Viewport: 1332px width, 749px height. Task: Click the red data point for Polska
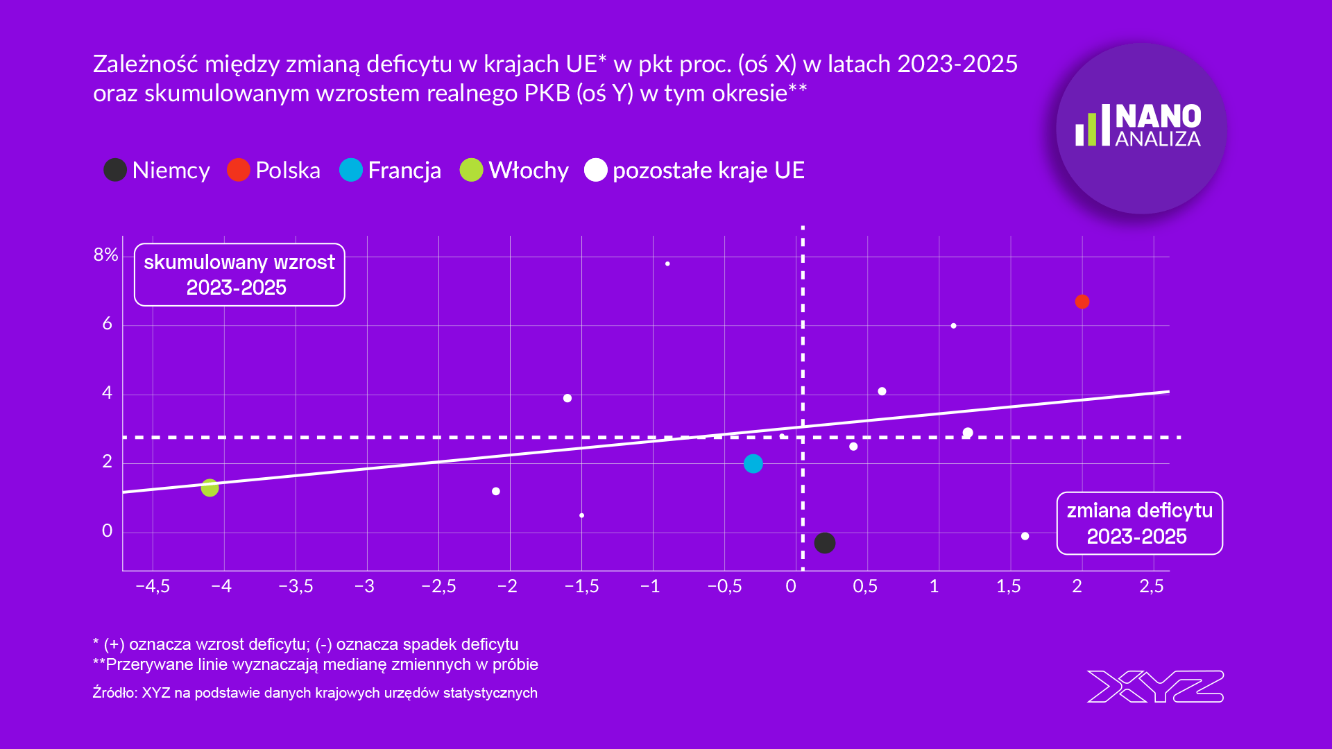1082,302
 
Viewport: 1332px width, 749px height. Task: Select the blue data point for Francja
753,463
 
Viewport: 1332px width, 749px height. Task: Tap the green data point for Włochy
210,488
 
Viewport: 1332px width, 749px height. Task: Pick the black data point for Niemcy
824,542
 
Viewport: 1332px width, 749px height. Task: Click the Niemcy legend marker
115,170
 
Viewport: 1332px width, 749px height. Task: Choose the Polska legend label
287,171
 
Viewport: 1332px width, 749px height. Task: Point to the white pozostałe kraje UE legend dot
595,170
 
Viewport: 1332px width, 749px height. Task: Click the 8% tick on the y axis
105,255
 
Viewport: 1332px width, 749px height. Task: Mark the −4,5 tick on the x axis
153,587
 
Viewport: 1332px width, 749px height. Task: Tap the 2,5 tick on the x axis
1152,587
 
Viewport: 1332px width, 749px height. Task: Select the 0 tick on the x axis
791,587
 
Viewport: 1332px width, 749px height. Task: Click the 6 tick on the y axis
107,324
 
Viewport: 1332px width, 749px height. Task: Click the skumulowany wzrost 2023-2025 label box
239,275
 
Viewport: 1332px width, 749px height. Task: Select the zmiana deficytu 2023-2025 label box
1139,524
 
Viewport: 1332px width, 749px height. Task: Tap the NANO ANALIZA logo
1141,128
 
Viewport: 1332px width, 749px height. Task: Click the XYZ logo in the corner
1155,687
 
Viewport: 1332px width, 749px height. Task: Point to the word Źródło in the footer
114,693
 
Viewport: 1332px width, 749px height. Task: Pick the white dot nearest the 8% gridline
667,264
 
